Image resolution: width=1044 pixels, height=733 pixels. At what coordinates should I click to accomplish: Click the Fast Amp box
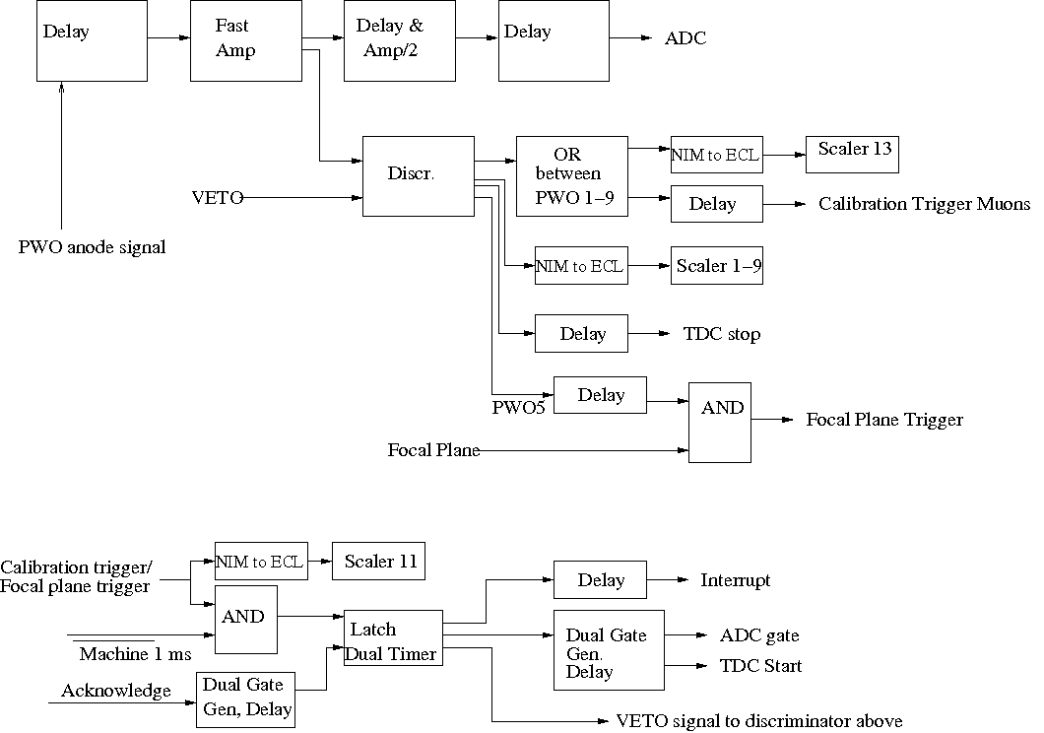click(x=245, y=40)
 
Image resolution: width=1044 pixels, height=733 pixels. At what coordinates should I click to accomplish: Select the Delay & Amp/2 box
click(x=400, y=40)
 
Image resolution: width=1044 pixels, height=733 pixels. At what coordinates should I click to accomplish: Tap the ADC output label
click(x=685, y=38)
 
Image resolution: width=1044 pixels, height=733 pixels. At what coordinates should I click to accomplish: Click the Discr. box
click(x=419, y=176)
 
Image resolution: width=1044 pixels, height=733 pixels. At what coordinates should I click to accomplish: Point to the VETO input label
click(x=218, y=198)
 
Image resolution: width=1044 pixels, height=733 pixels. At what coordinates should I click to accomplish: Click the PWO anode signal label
click(x=92, y=247)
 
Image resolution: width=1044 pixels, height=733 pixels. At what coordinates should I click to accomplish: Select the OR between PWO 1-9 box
click(x=572, y=176)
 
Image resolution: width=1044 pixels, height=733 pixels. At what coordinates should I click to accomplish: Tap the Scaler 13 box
click(x=852, y=155)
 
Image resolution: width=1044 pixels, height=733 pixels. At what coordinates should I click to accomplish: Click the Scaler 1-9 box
click(x=717, y=266)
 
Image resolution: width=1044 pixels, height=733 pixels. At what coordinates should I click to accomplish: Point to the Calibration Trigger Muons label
click(x=924, y=204)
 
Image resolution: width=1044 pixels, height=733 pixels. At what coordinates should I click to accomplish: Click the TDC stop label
click(x=722, y=334)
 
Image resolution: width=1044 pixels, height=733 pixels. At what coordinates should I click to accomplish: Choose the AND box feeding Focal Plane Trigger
click(x=720, y=423)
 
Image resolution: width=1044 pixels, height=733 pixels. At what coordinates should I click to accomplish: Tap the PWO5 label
click(x=518, y=408)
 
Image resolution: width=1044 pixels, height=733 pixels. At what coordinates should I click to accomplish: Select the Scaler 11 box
click(x=379, y=562)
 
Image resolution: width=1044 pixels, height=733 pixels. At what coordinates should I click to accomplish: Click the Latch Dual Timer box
click(x=393, y=637)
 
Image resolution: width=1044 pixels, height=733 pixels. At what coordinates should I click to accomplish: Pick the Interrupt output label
click(x=735, y=580)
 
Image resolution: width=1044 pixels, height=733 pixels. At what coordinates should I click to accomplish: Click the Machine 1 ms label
click(x=135, y=654)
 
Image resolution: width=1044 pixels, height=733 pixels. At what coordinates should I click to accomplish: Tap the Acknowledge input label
click(x=116, y=691)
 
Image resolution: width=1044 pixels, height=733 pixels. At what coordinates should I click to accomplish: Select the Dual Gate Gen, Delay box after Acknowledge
click(x=245, y=700)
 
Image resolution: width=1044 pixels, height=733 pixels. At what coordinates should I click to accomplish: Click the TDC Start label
click(x=760, y=666)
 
